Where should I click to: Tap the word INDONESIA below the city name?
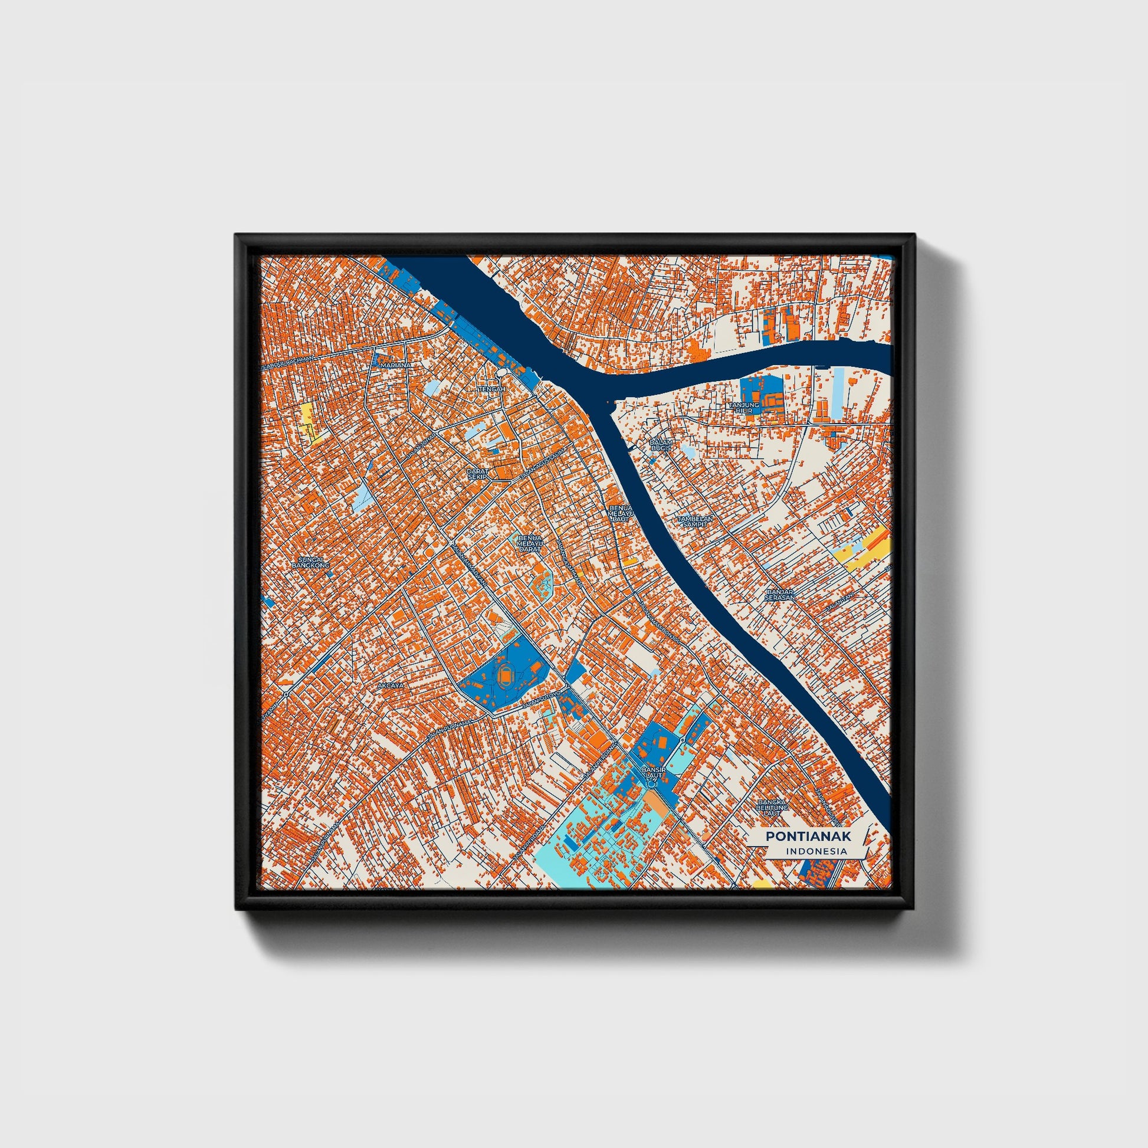click(x=816, y=851)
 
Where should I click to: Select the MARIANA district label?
click(x=396, y=364)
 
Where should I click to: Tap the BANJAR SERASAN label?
click(x=780, y=594)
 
